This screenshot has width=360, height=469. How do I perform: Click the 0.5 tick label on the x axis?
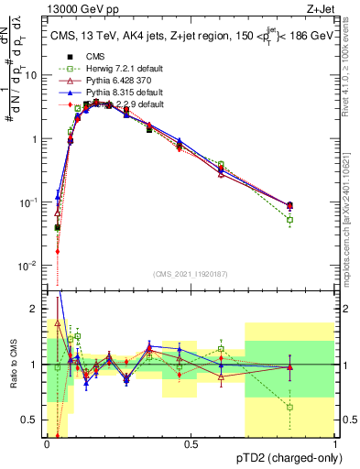coord(191,445)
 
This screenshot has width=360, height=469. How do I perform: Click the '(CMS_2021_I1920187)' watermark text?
coord(191,274)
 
